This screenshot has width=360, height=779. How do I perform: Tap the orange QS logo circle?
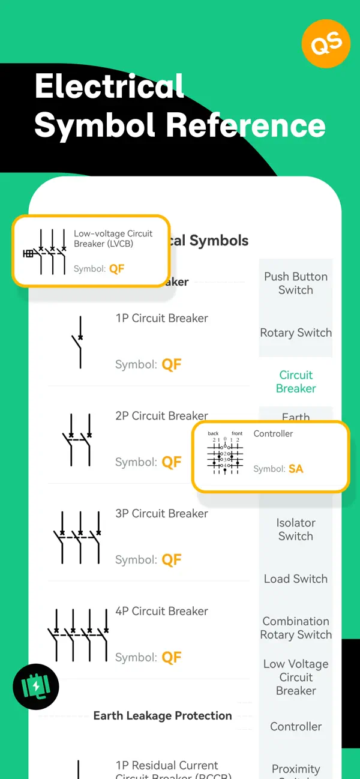(x=325, y=43)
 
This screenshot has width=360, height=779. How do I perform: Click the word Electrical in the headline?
(x=109, y=86)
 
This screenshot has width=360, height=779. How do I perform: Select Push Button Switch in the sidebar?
(x=296, y=283)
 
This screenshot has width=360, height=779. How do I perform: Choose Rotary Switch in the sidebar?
(x=296, y=332)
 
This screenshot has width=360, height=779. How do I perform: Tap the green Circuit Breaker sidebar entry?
(x=296, y=382)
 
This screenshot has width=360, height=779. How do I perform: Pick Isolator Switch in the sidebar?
(x=296, y=529)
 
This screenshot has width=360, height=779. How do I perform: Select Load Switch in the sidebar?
(x=296, y=579)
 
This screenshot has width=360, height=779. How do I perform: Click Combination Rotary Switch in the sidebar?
(x=296, y=628)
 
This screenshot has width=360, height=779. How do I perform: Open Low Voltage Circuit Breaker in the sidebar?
(x=296, y=677)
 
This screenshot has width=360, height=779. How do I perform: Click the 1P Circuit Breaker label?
(x=162, y=318)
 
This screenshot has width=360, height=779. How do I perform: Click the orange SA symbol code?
(x=296, y=469)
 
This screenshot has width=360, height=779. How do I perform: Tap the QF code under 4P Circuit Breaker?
(x=172, y=657)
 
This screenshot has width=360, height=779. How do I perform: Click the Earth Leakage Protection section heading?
(x=163, y=715)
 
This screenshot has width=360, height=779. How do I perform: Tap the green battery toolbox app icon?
(x=36, y=687)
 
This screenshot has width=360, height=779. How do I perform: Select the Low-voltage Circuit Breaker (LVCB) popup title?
(x=113, y=238)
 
